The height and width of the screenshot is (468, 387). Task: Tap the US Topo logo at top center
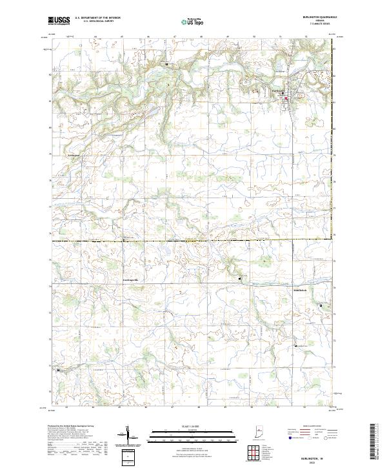pyautogui.click(x=191, y=21)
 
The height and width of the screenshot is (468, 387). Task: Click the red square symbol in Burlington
pyautogui.click(x=286, y=98)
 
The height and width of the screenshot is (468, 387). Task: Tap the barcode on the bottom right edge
pyautogui.click(x=375, y=442)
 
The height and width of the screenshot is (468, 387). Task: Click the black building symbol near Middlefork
pyautogui.click(x=295, y=347)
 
